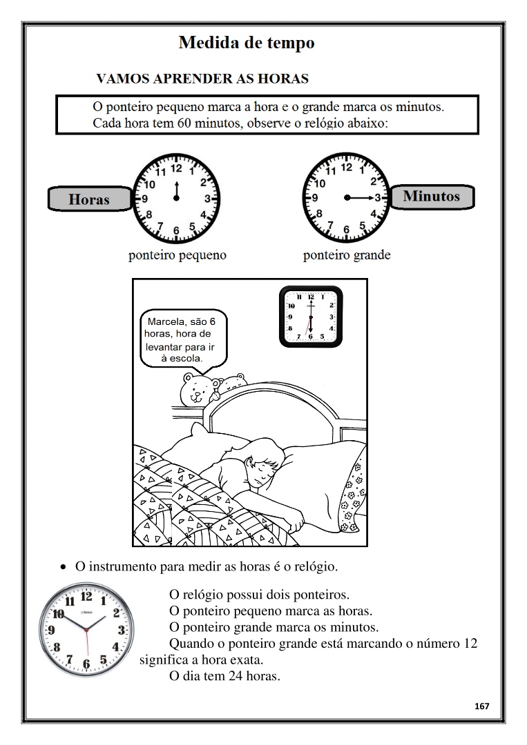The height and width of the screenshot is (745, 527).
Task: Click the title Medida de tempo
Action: [247, 43]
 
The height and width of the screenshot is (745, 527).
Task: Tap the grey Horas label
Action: [89, 199]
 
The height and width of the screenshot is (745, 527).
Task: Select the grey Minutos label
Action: [431, 196]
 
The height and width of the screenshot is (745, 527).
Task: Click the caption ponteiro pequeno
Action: [178, 255]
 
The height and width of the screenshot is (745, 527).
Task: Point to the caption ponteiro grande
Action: [347, 255]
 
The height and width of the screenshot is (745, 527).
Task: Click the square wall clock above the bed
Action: [311, 317]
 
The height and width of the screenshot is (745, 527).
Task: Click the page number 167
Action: [481, 706]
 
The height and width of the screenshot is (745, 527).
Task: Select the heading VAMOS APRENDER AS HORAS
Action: [202, 79]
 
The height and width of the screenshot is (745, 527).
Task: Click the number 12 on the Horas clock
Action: [176, 168]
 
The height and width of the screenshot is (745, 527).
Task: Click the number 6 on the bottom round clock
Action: [86, 664]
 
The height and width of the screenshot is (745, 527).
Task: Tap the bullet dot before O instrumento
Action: [63, 568]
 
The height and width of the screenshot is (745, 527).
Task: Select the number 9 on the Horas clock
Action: [145, 198]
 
